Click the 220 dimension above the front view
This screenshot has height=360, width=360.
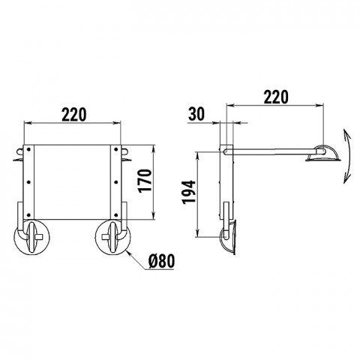click(74, 115)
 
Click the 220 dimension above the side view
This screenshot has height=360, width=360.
click(276, 97)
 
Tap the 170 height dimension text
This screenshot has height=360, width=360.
click(145, 181)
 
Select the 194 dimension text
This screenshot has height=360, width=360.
click(189, 192)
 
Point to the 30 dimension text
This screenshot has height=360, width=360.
click(196, 114)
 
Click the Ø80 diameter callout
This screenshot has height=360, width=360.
click(161, 262)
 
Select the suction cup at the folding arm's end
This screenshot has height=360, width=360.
click(323, 154)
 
